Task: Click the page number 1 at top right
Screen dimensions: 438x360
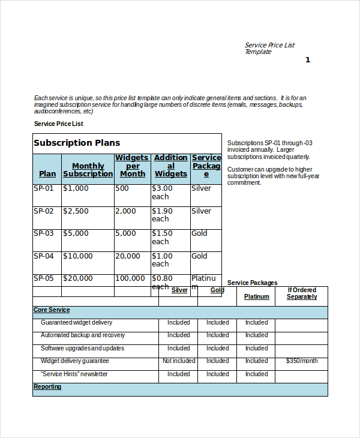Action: tap(308, 59)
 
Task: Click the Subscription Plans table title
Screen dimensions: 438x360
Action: tap(77, 143)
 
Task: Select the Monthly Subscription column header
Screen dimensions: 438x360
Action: tap(88, 170)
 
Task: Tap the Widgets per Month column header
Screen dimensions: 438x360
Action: tap(132, 166)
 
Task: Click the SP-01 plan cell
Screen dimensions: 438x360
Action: tap(43, 188)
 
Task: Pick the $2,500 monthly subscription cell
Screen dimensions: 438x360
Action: tap(76, 211)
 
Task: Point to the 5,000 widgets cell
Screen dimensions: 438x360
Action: tap(125, 233)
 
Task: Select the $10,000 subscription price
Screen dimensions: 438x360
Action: tap(78, 256)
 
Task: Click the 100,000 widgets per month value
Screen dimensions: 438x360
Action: tap(130, 278)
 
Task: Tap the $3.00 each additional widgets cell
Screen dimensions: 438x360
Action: tap(162, 192)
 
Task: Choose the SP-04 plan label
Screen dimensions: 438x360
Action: tap(43, 256)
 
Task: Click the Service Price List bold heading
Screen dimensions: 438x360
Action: tap(59, 124)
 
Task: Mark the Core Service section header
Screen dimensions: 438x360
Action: tap(52, 310)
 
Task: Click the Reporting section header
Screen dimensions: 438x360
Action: tap(47, 387)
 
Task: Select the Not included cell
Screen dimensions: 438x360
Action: tap(179, 361)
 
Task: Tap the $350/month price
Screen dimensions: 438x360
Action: tap(301, 361)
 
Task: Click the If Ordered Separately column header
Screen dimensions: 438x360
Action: tap(301, 293)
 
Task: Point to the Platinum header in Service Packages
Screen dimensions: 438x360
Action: tap(257, 296)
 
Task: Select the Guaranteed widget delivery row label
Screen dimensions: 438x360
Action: tap(76, 323)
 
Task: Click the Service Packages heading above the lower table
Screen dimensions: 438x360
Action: tap(252, 283)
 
